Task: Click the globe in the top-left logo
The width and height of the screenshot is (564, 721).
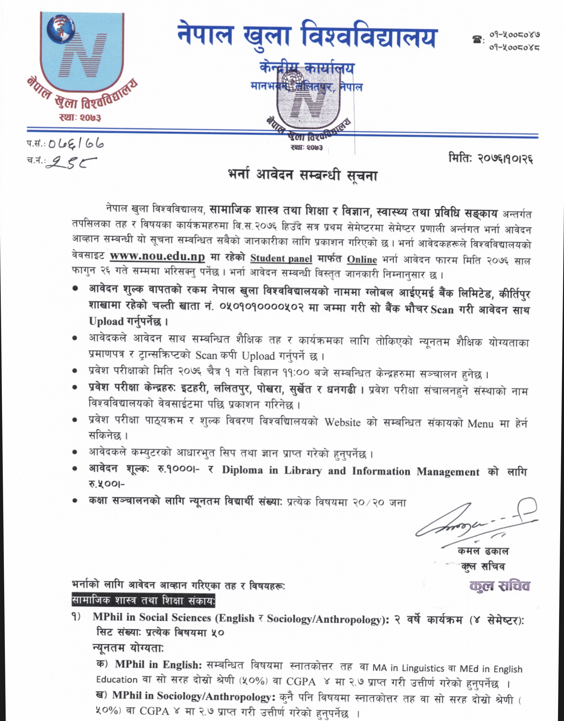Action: (61, 29)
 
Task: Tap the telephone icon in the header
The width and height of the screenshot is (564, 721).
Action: (476, 40)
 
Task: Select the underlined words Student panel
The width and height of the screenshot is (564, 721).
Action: (281, 258)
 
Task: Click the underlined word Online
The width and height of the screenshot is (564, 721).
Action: (362, 259)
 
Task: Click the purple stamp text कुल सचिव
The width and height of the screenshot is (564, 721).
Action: (500, 586)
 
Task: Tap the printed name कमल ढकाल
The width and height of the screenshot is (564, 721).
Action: (483, 551)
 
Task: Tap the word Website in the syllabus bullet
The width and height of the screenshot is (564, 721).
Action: (342, 422)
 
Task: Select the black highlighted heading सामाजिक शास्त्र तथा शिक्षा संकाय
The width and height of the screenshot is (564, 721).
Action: (143, 601)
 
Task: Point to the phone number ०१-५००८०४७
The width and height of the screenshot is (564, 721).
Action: (515, 35)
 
